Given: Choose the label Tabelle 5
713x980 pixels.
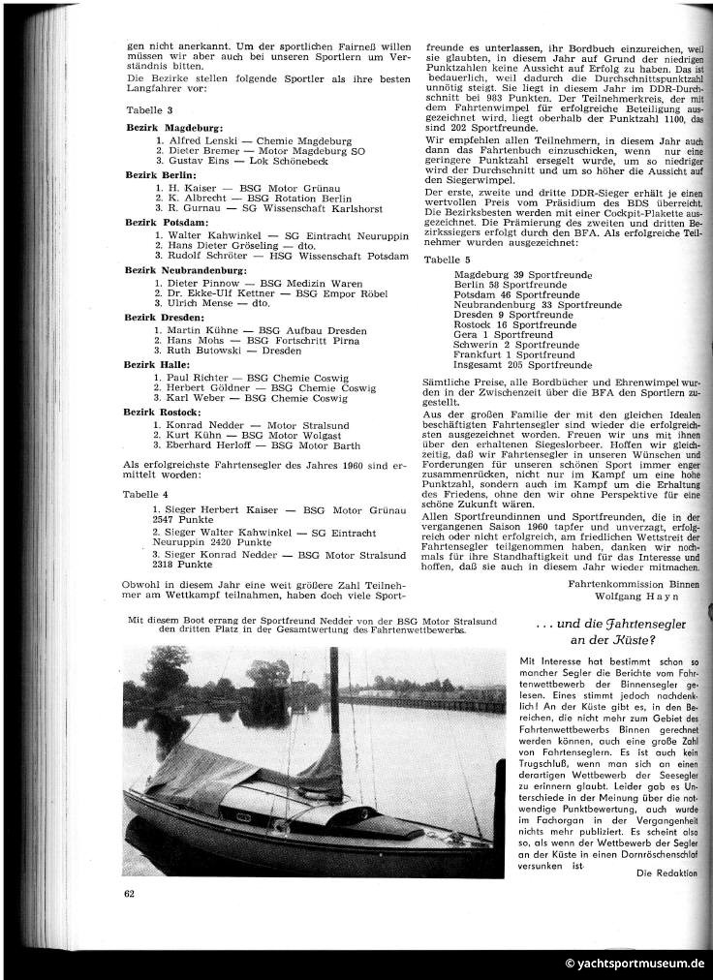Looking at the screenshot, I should coord(448,260).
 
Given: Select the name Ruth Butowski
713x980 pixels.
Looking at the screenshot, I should coord(203,351).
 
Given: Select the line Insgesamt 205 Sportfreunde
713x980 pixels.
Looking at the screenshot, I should coord(523,364).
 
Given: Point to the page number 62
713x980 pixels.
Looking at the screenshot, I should coord(130,892).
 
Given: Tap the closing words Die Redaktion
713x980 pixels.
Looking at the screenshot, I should coord(667,873).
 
